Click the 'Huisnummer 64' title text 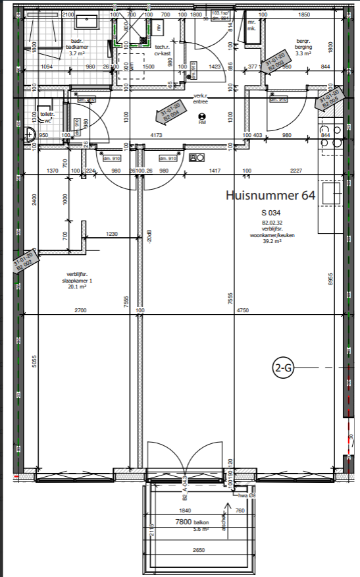click(270, 196)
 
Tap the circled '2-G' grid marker click(284, 369)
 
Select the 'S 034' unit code click(271, 213)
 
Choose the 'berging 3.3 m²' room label click(303, 51)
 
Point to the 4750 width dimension click(243, 310)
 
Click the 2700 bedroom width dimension click(80, 310)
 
